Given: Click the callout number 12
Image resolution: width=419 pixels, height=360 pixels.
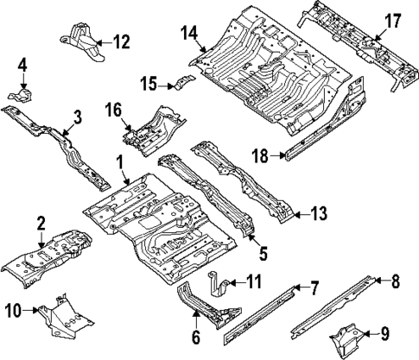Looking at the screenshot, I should click(120, 40).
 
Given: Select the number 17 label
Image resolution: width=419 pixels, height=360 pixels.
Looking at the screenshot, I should click(393, 21).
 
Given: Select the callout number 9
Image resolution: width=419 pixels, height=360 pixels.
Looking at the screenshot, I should click(384, 332).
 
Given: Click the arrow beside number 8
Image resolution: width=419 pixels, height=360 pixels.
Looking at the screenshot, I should click(373, 278).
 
